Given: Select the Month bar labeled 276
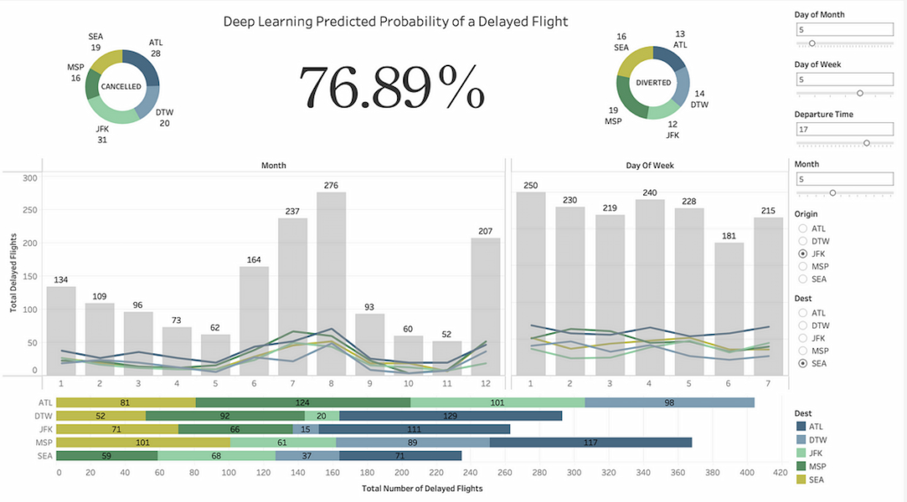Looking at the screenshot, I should tap(331, 282).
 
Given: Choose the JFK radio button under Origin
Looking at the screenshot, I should tap(803, 254).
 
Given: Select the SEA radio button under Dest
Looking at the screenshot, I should tap(803, 363).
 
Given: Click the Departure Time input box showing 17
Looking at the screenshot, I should tap(844, 129).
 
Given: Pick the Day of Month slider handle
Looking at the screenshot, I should tap(812, 44).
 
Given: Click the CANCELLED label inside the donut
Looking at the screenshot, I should tap(121, 86).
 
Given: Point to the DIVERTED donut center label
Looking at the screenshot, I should tap(653, 83).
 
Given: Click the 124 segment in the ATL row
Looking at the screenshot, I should tap(303, 403).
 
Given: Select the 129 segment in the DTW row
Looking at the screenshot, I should tap(450, 416).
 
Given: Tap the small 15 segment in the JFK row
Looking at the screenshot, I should tap(305, 429).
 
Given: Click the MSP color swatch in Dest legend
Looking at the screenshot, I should tap(801, 466).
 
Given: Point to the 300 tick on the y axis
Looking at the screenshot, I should tap(29, 178).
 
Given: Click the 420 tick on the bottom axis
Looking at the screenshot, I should tap(780, 473).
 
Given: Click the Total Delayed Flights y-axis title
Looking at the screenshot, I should tap(13, 273).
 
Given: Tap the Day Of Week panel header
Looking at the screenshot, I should tap(650, 165).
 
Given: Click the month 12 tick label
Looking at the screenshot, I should tap(485, 384).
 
